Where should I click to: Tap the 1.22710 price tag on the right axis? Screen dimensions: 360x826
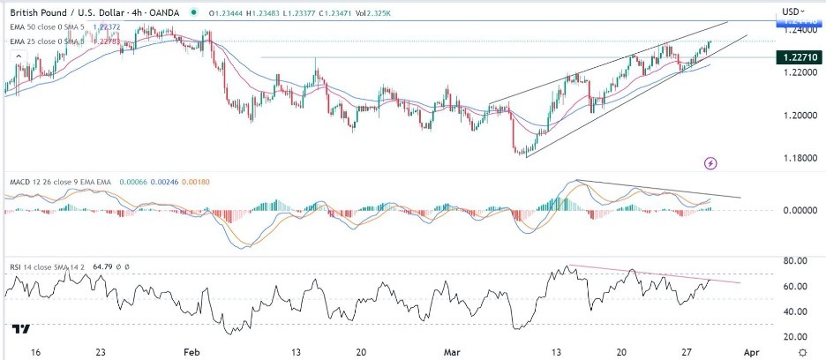799,57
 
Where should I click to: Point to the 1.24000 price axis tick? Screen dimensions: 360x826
797,29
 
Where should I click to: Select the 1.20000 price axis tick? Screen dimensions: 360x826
797,116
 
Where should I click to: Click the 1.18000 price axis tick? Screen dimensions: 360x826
797,159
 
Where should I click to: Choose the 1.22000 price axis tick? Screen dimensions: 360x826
797,73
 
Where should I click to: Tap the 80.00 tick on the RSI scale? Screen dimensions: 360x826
797,260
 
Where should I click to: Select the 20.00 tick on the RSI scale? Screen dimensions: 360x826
797,336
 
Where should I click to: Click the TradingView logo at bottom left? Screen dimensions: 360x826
22,328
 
